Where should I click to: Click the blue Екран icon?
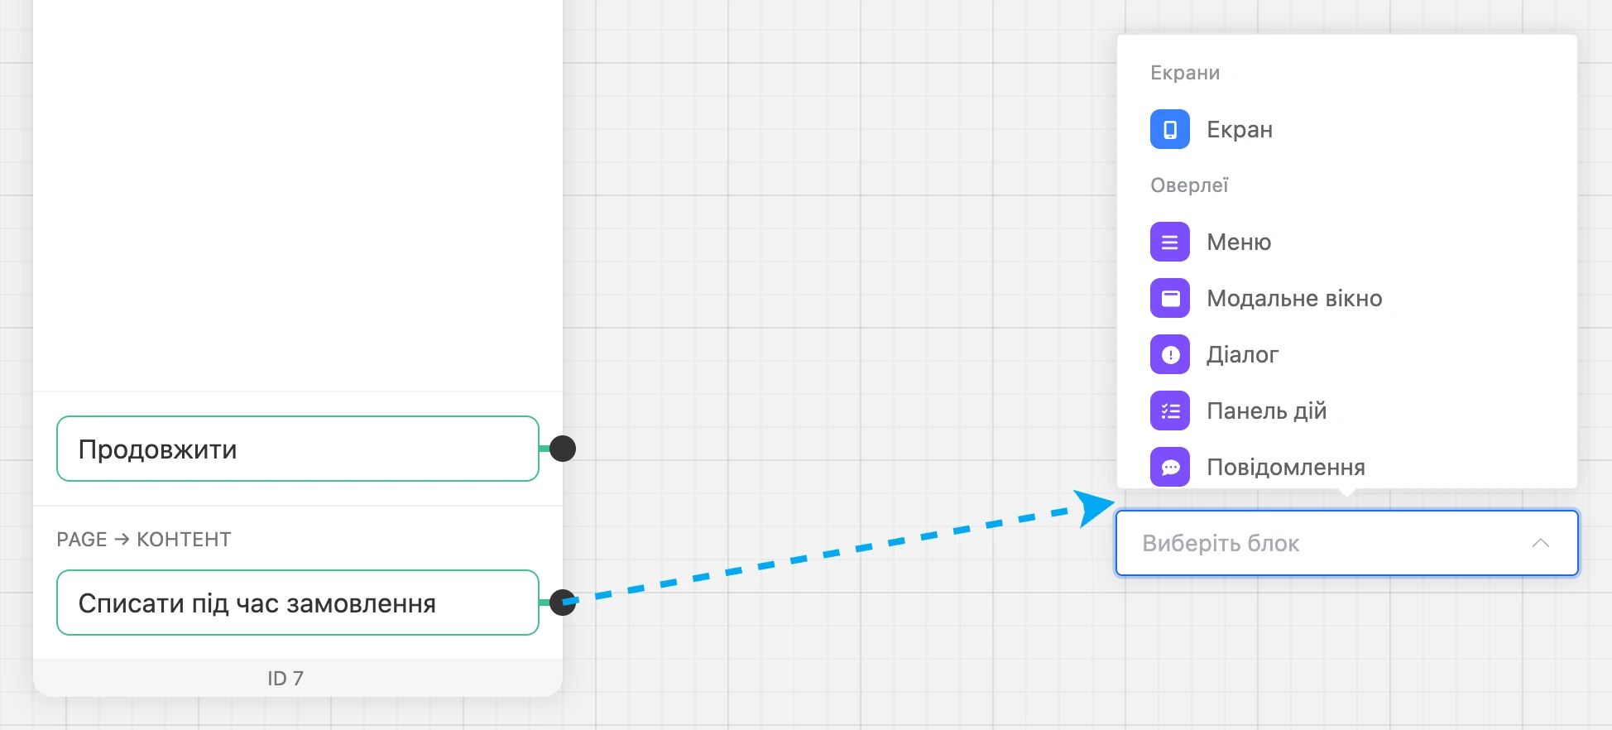coord(1170,129)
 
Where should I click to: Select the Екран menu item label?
coord(1240,130)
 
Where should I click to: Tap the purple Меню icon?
coord(1170,242)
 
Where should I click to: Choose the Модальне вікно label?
coord(1294,298)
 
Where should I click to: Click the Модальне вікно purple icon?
coord(1170,298)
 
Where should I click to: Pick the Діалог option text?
coord(1242,355)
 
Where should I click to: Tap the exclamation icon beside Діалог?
coord(1170,354)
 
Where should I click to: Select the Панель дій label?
coord(1266,411)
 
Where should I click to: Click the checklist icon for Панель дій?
coord(1170,411)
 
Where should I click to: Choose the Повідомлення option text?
coord(1286,467)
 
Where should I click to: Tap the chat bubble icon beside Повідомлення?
coord(1170,467)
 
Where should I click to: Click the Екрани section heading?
coord(1185,73)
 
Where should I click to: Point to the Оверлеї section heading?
coord(1189,185)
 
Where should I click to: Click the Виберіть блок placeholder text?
coord(1221,544)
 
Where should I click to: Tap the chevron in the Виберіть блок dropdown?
coord(1540,543)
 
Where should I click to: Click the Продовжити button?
coord(298,449)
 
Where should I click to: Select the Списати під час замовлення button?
coord(298,603)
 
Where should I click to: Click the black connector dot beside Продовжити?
coord(563,449)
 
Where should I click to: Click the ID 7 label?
coord(285,679)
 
